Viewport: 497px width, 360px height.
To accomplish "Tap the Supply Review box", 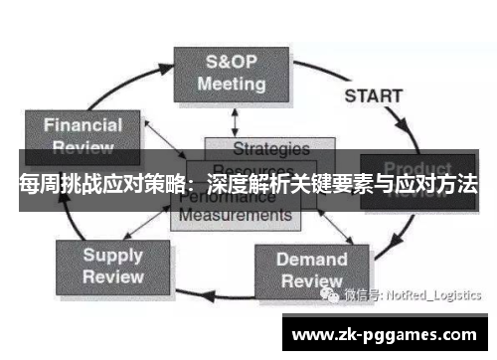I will pyautogui.click(x=112, y=265).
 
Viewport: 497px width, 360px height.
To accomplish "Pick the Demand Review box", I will pyautogui.click(x=311, y=270).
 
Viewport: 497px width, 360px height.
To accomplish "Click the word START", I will pyautogui.click(x=373, y=96).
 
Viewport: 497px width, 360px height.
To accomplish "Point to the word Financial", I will pyautogui.click(x=83, y=125).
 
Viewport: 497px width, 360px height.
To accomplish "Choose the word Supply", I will pyautogui.click(x=112, y=255).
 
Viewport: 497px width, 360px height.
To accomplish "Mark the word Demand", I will pyautogui.click(x=311, y=260).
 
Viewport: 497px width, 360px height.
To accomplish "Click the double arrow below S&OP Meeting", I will pyautogui.click(x=235, y=120).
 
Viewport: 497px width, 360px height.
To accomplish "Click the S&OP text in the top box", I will pyautogui.click(x=231, y=60).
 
